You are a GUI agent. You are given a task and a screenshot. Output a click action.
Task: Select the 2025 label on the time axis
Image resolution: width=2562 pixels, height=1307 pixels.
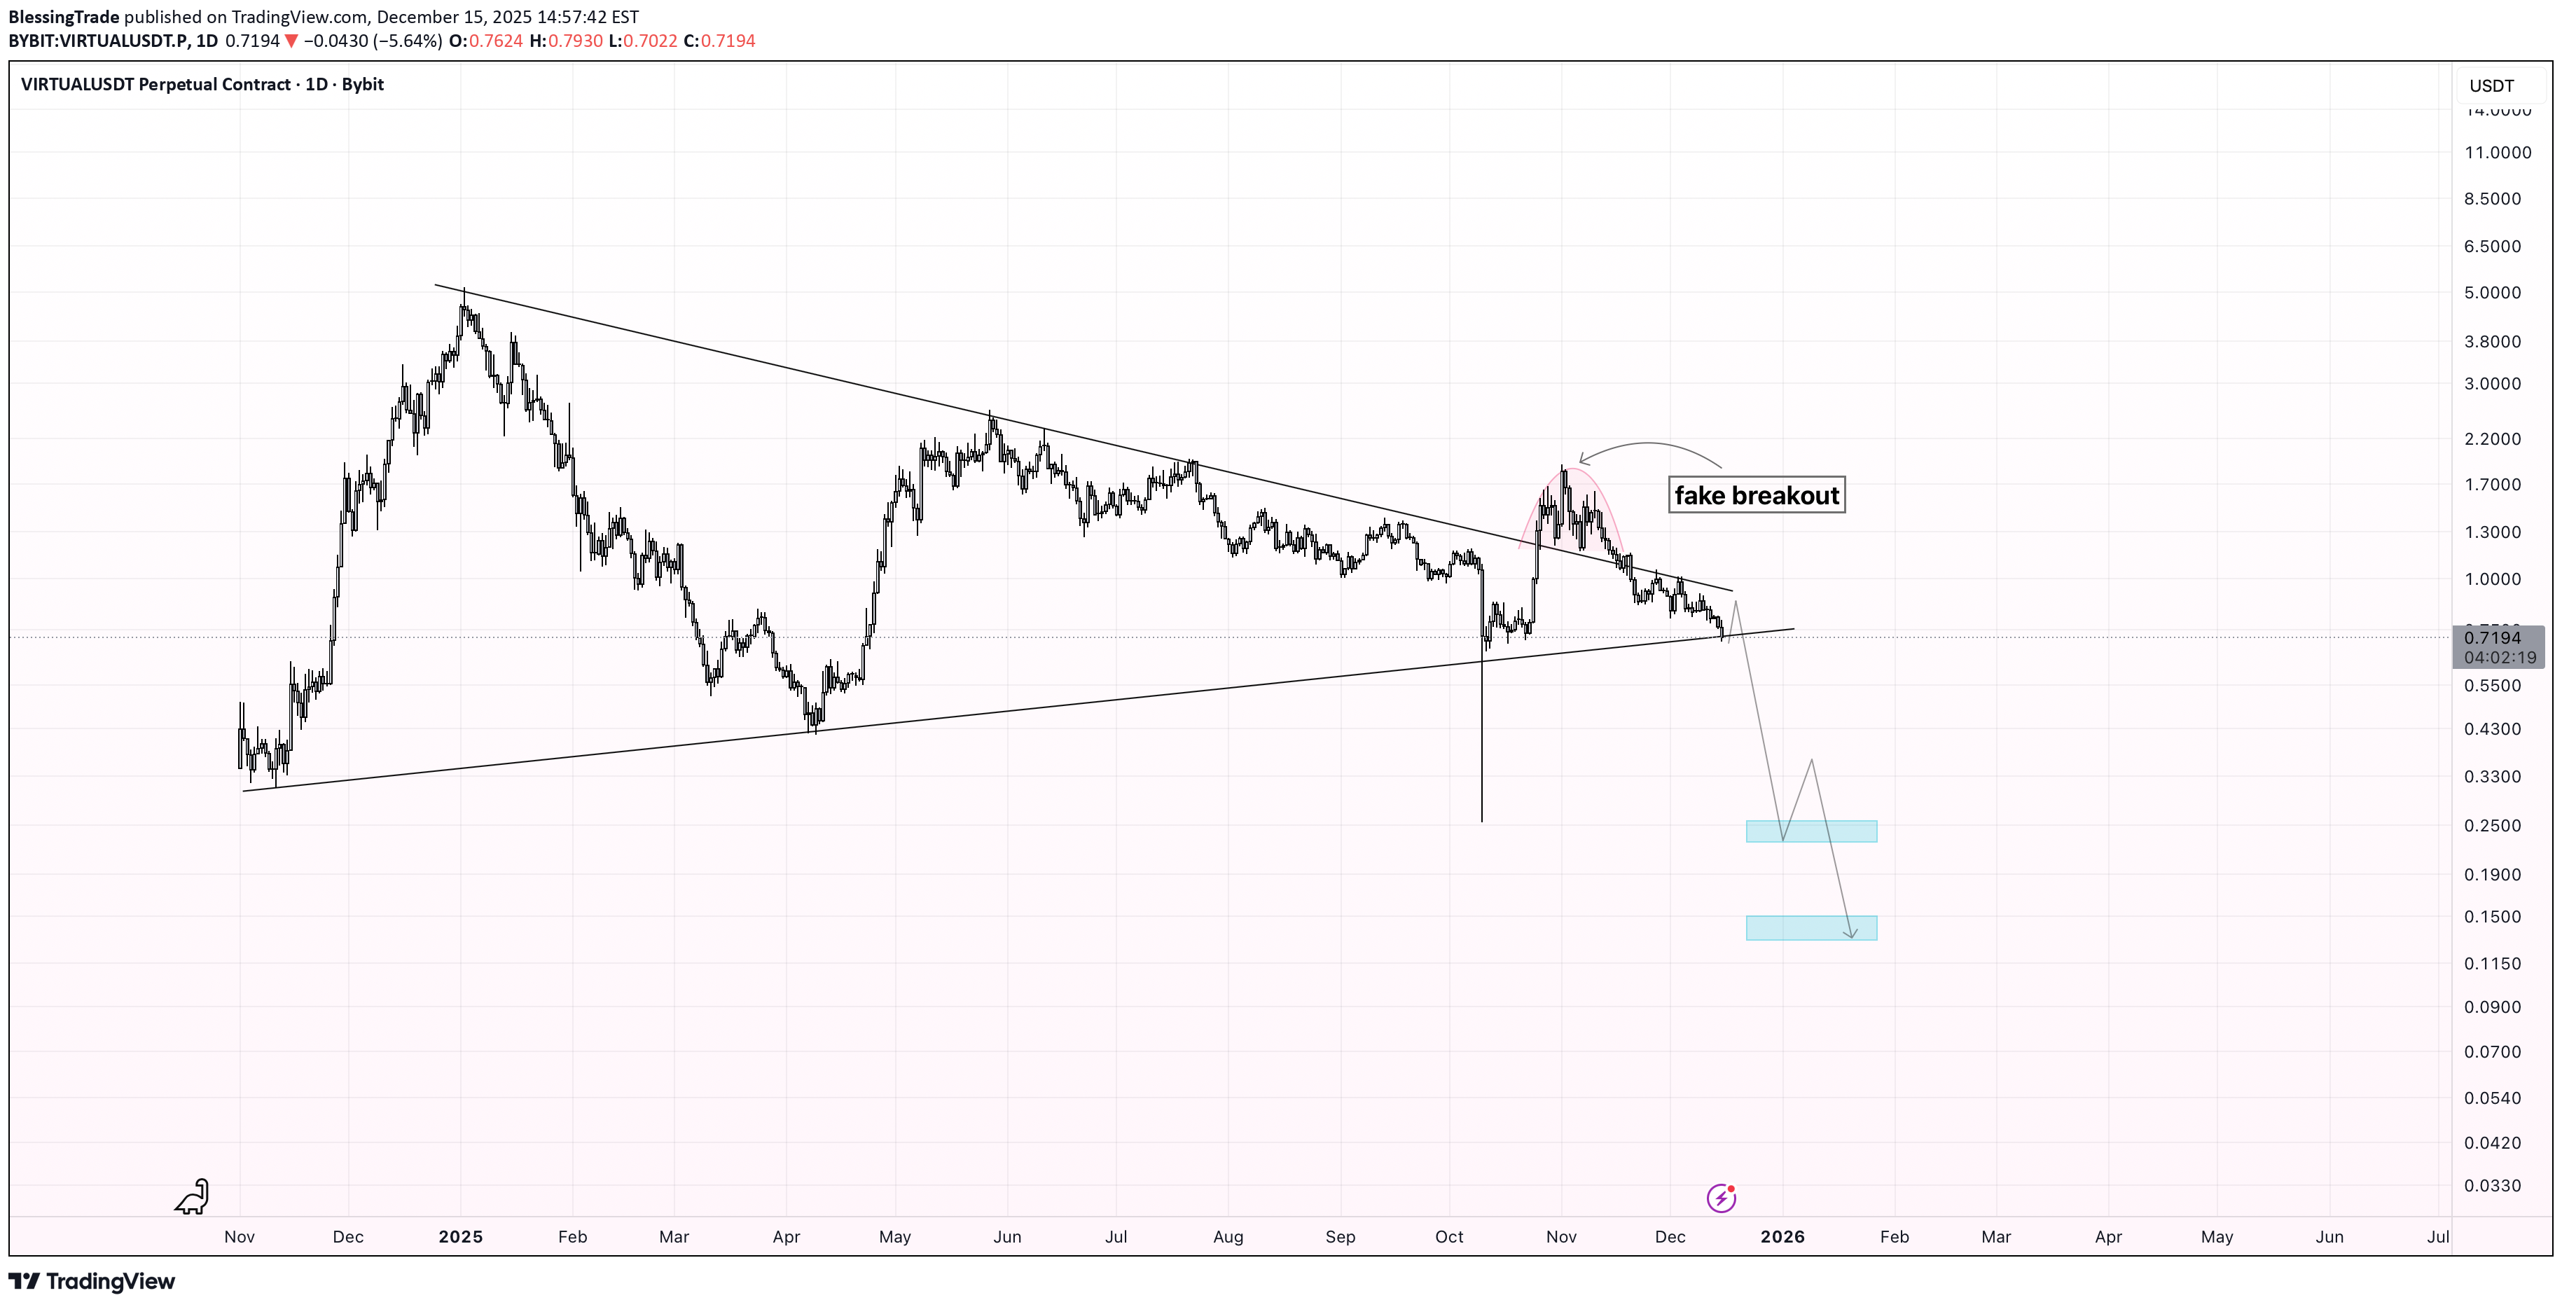coord(460,1236)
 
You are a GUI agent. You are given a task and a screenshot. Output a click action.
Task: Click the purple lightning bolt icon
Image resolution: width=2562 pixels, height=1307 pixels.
coord(1721,1198)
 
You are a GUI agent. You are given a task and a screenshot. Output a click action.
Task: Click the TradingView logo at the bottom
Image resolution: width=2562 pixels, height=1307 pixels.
coord(92,1281)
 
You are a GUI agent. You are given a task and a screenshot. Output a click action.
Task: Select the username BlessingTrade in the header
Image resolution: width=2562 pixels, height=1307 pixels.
coord(64,17)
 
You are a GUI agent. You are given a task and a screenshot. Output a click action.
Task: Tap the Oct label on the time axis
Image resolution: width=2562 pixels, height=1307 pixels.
coord(1448,1236)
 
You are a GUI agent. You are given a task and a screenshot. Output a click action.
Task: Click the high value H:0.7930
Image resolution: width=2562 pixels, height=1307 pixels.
coord(566,41)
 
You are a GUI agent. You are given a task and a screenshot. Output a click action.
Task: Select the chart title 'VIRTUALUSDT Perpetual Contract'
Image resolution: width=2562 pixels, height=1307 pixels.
coord(155,85)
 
